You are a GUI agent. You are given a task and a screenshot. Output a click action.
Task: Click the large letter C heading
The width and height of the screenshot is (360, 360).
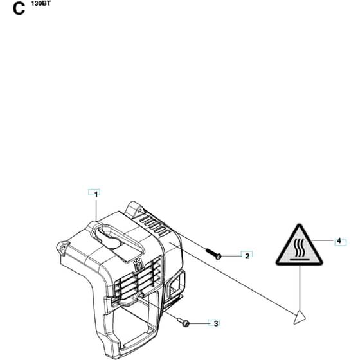19,10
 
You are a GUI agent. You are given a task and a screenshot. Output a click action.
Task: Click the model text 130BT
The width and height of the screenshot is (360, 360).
41,3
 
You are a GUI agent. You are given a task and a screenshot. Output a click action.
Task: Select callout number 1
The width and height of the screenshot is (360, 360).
96,194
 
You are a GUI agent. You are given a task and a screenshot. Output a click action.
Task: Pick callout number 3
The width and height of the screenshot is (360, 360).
216,323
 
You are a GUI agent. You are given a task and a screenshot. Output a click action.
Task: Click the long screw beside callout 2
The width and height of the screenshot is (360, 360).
213,253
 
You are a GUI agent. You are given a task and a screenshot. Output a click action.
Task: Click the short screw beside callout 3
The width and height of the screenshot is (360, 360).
183,321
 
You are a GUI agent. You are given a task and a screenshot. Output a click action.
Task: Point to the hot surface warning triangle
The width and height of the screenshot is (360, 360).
299,246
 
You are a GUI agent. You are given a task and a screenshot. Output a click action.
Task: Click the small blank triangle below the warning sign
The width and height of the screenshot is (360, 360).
300,318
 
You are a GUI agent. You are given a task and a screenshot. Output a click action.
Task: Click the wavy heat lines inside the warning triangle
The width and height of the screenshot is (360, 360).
299,248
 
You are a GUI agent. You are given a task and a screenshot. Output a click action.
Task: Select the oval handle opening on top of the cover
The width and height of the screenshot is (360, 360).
107,237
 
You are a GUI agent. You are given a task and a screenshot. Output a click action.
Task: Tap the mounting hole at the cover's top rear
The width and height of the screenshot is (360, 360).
140,210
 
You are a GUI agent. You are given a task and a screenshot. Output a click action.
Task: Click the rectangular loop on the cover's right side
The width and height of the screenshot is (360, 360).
176,284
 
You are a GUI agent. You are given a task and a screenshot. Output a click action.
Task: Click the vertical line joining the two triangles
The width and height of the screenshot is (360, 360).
300,288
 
